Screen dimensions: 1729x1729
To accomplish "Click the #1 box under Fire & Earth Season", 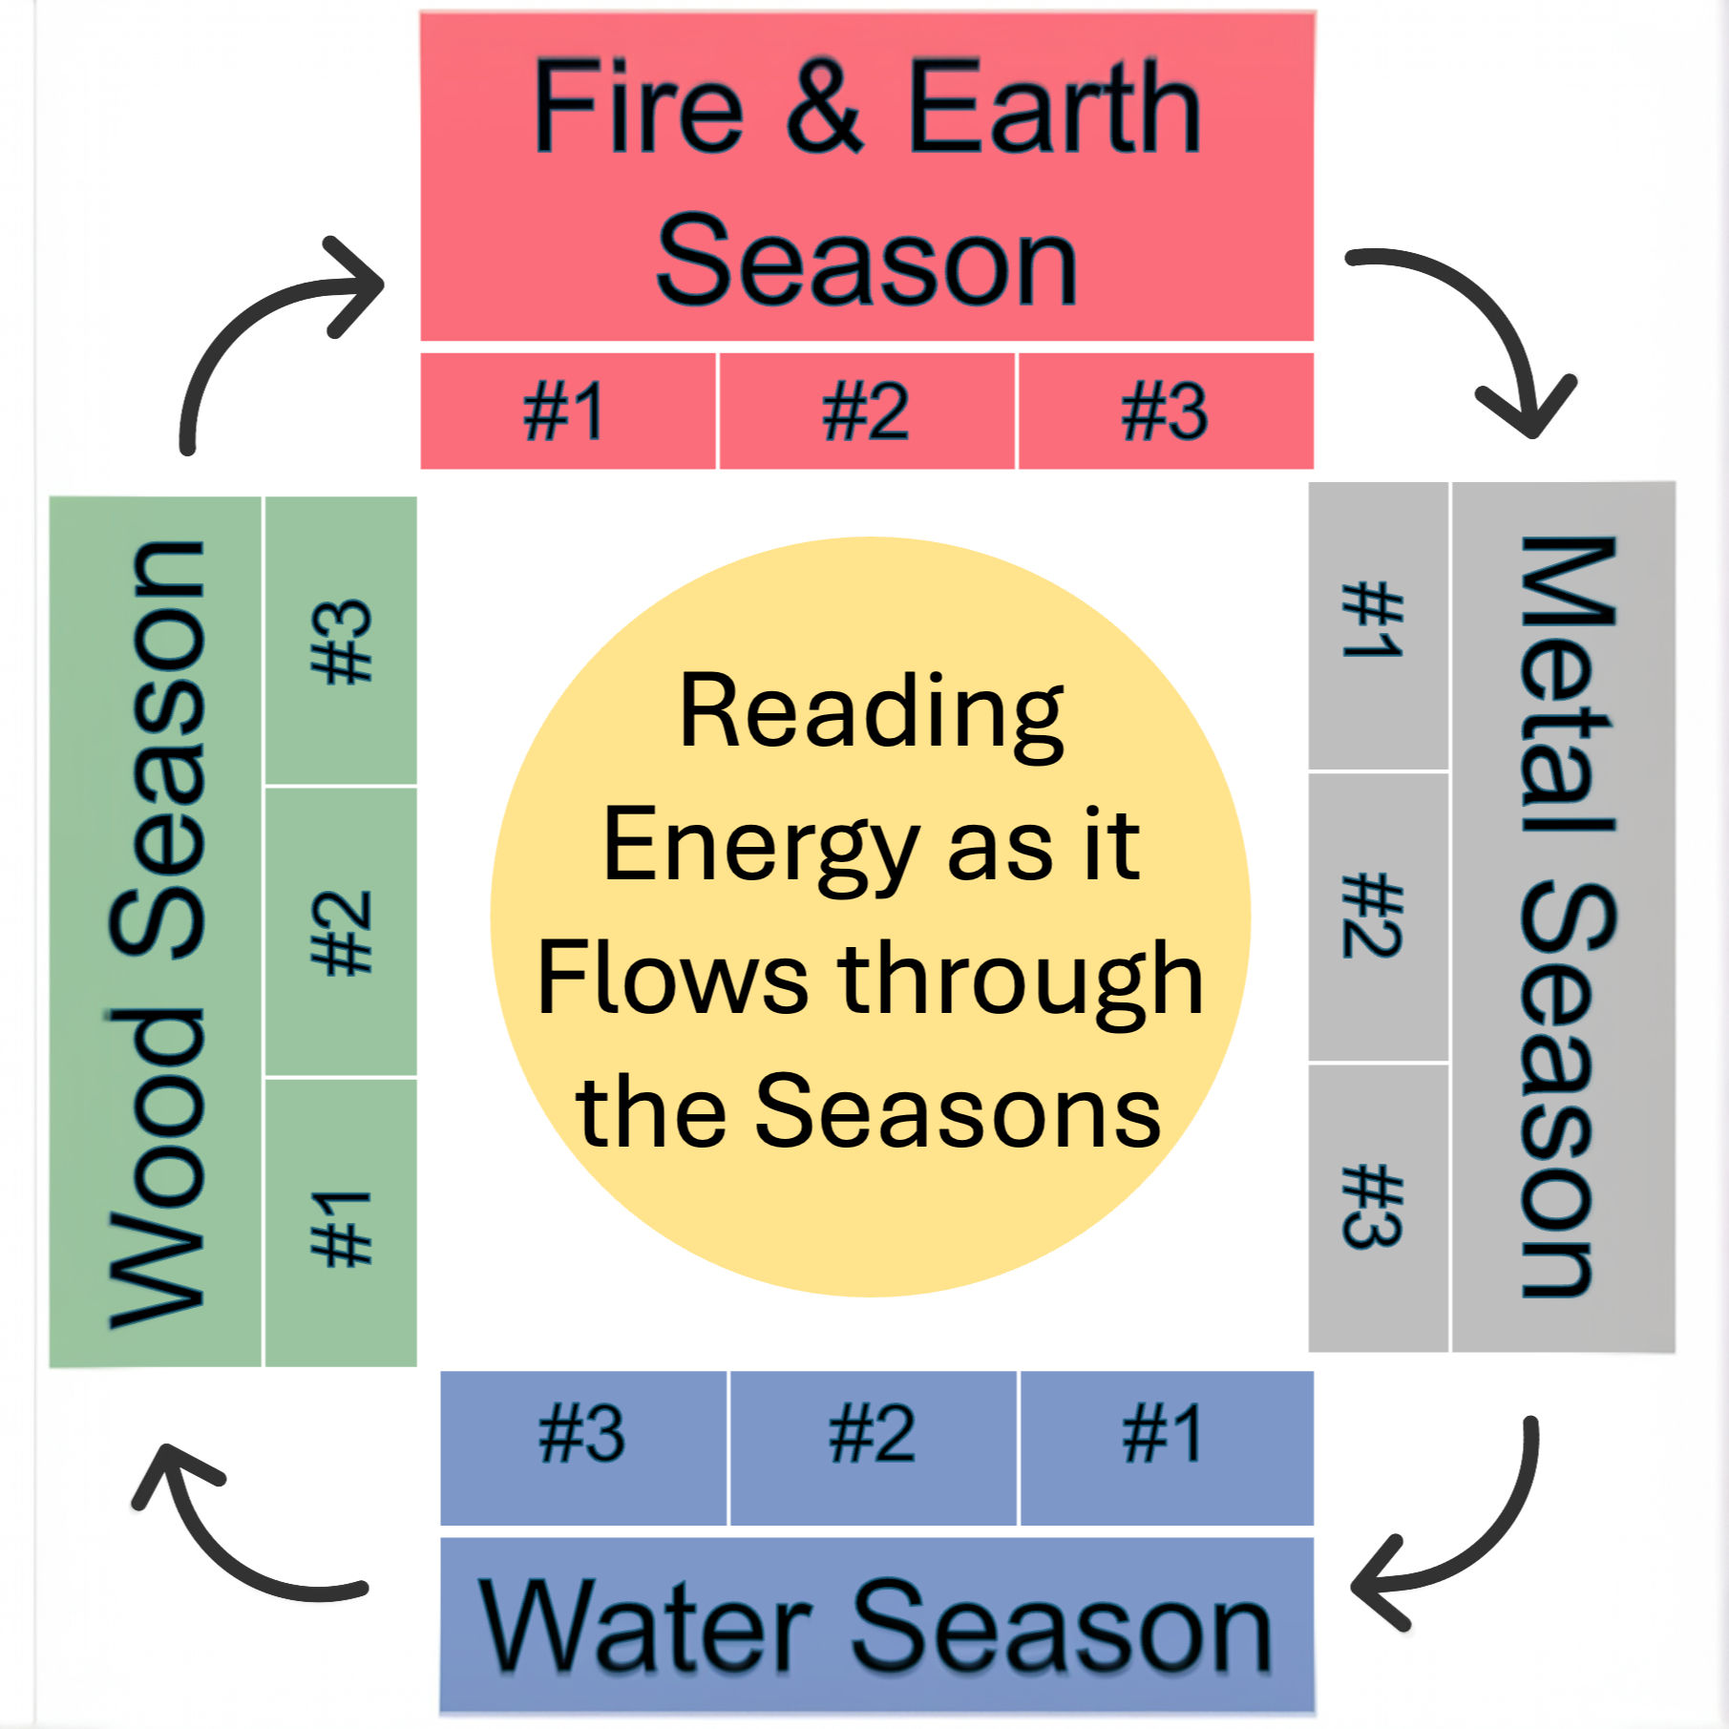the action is (x=567, y=411).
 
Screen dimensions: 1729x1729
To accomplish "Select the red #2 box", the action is (x=866, y=411).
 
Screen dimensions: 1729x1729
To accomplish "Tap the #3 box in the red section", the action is (x=1165, y=411).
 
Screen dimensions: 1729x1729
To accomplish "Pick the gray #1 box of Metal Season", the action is (x=1378, y=625).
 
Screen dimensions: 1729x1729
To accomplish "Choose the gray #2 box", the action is (x=1378, y=917).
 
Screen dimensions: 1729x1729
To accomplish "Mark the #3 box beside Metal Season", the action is (x=1378, y=1207).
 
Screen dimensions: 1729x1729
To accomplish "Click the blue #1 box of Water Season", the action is (x=1166, y=1447).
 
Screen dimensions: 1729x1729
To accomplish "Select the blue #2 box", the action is (x=873, y=1447).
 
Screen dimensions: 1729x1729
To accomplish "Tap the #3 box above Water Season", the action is (x=583, y=1447).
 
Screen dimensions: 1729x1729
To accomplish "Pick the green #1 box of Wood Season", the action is (x=341, y=1223).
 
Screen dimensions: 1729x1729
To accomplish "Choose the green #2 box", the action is (x=341, y=932).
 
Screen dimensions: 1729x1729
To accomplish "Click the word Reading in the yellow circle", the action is (x=871, y=714).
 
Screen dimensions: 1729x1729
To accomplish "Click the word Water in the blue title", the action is (x=644, y=1627).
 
